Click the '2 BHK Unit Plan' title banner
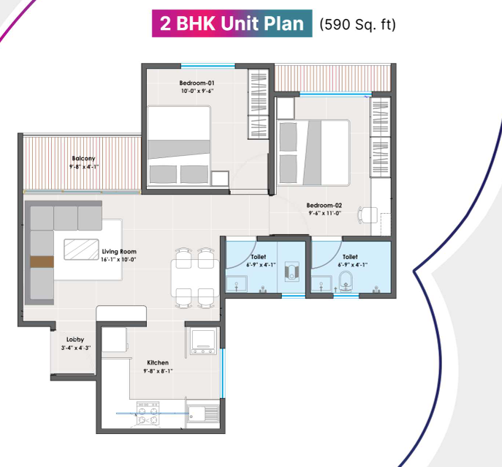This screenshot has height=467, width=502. (x=231, y=23)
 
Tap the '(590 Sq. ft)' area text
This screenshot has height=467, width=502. (x=358, y=24)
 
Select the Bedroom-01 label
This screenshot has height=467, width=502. (x=197, y=83)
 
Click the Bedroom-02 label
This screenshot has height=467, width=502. (x=324, y=206)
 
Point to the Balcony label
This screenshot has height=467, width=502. (x=83, y=158)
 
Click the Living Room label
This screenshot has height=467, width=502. (x=118, y=251)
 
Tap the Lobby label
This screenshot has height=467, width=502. (x=75, y=340)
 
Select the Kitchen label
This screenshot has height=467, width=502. (x=157, y=363)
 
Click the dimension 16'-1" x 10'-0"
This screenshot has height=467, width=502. (x=118, y=259)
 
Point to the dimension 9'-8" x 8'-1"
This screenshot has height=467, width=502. (x=157, y=371)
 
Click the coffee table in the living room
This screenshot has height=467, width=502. (x=82, y=249)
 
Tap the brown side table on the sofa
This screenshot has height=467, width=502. (x=41, y=261)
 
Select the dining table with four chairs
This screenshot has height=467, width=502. (x=194, y=277)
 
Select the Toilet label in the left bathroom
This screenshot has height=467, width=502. (x=258, y=257)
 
